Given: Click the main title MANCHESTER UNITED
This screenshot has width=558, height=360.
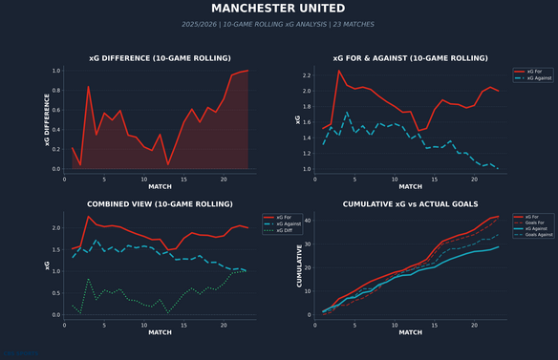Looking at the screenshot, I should (x=278, y=9).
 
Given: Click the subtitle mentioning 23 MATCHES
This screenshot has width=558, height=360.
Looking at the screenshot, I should (x=278, y=24).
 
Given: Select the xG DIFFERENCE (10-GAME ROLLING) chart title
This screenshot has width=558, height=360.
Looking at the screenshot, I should (x=160, y=58).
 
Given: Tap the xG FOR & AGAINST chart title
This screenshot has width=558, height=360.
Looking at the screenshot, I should (x=410, y=58).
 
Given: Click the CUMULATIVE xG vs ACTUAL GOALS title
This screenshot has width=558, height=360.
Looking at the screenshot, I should (x=410, y=203).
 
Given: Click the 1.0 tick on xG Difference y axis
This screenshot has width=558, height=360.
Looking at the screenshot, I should (x=56, y=71).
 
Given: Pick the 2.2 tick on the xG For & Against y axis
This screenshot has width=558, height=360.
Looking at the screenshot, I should (x=307, y=75).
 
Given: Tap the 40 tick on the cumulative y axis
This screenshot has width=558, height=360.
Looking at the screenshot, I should (x=308, y=221).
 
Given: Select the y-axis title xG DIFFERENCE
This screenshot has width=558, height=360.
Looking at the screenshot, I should (x=45, y=119).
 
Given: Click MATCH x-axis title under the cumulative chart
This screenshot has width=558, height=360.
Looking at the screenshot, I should (x=410, y=331).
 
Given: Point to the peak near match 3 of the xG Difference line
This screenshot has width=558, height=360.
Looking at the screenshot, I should (x=88, y=87).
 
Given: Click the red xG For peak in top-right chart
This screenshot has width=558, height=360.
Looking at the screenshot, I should (x=338, y=70).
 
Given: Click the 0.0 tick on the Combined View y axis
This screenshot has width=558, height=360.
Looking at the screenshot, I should (x=56, y=314).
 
